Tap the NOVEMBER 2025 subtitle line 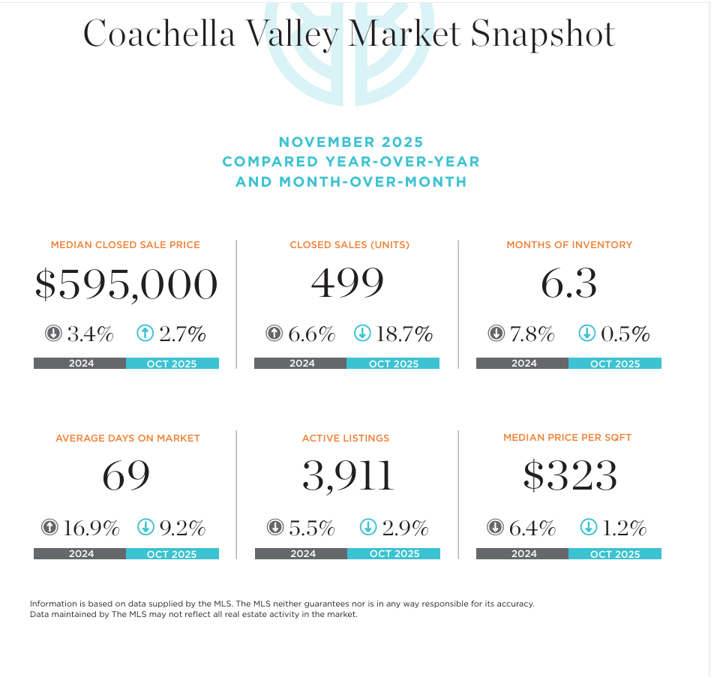coord(351,142)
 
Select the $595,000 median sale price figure coord(126,284)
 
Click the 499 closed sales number coord(347,283)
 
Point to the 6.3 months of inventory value coord(568,283)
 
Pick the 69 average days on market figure coord(126,475)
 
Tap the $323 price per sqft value coord(570,475)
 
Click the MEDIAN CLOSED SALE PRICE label coord(125,244)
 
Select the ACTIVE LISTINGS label coord(346,438)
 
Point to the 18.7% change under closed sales coord(404,334)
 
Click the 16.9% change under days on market coord(91,528)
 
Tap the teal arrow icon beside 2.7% coord(145,333)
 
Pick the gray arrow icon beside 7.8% coord(496,333)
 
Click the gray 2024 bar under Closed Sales coord(301,364)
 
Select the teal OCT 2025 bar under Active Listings coord(394,554)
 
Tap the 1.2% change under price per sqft coord(624,528)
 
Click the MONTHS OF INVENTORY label coord(569,244)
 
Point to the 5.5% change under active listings coord(311,528)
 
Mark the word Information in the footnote coord(54,604)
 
